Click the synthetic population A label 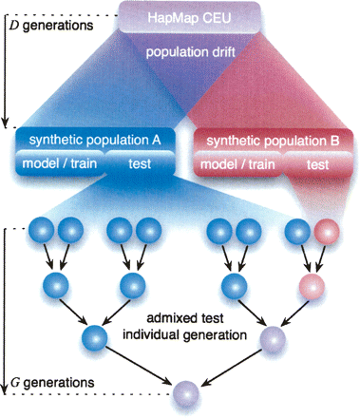point(94,140)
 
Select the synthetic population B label point(273,140)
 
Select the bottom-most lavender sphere point(186,389)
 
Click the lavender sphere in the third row point(274,336)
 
